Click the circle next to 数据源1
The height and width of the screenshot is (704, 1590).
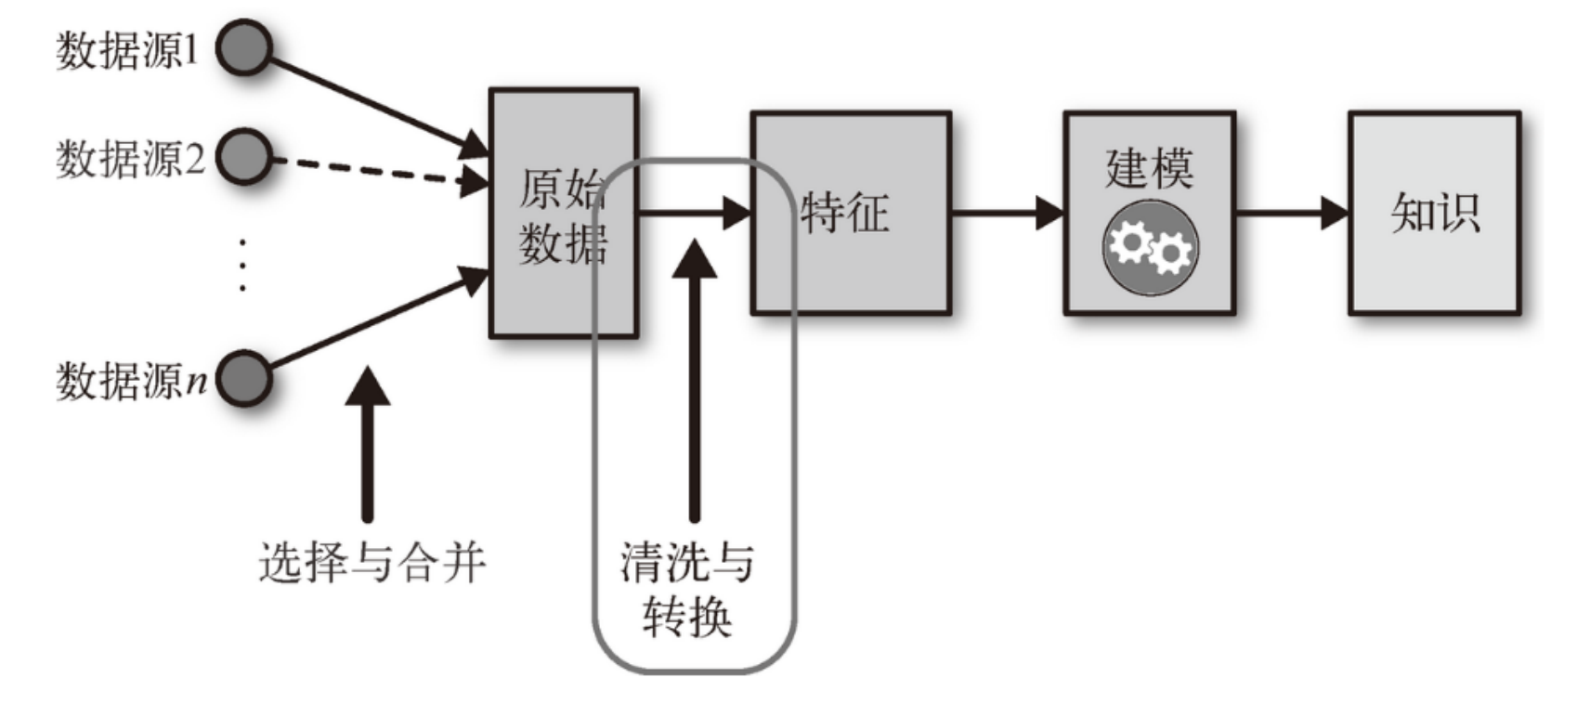244,47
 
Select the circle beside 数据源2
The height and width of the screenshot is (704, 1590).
244,157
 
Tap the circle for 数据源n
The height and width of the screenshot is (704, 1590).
244,378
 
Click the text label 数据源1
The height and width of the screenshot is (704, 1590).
128,49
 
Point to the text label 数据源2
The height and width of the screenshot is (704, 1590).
130,159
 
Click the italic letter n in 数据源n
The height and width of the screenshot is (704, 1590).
196,382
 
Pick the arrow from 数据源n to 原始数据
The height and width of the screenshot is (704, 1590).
371,320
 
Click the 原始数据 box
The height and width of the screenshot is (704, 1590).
563,214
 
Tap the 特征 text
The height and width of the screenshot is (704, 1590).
844,213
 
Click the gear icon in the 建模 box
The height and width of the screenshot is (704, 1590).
1150,248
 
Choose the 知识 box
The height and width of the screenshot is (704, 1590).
1434,213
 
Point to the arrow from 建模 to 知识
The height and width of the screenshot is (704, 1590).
1290,213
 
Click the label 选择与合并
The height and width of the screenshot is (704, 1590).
371,563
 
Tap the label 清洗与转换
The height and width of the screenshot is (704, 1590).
687,590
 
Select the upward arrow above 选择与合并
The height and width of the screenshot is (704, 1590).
368,446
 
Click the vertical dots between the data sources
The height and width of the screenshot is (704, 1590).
242,265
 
